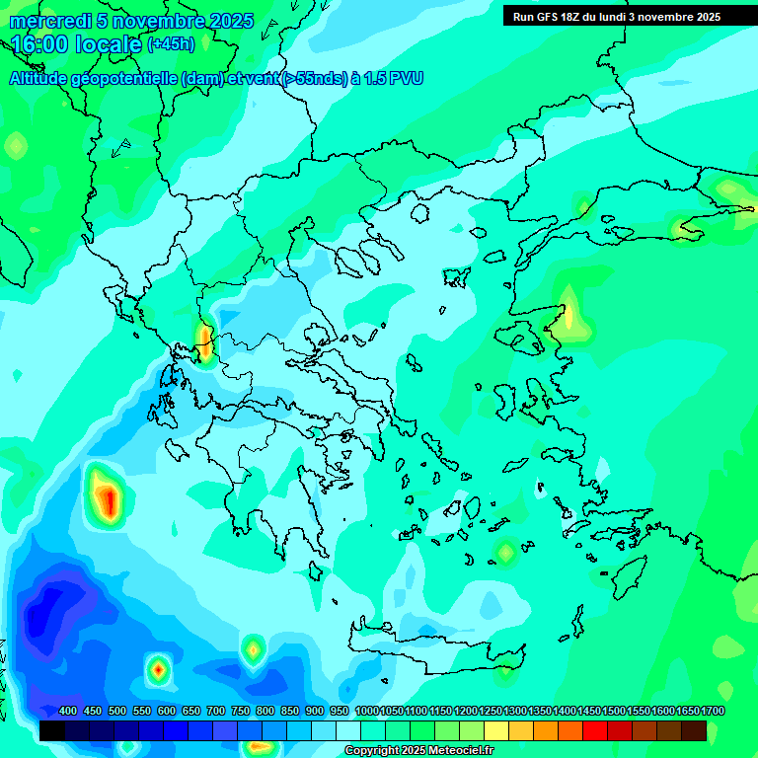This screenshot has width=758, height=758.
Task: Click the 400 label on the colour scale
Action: pyautogui.click(x=68, y=711)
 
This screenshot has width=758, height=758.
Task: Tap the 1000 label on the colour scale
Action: pyautogui.click(x=366, y=711)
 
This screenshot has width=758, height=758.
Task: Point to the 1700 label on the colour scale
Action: pyautogui.click(x=712, y=711)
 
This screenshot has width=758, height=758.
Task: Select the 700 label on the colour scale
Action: pyautogui.click(x=216, y=711)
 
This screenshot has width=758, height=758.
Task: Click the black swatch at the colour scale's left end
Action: pyautogui.click(x=52, y=730)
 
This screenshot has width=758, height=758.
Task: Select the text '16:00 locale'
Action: pyautogui.click(x=76, y=44)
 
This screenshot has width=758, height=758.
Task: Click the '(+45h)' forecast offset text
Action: pyautogui.click(x=171, y=44)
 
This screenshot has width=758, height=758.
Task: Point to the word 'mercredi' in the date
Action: pyautogui.click(x=45, y=21)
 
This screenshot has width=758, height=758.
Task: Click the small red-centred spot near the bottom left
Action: pyautogui.click(x=158, y=670)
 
